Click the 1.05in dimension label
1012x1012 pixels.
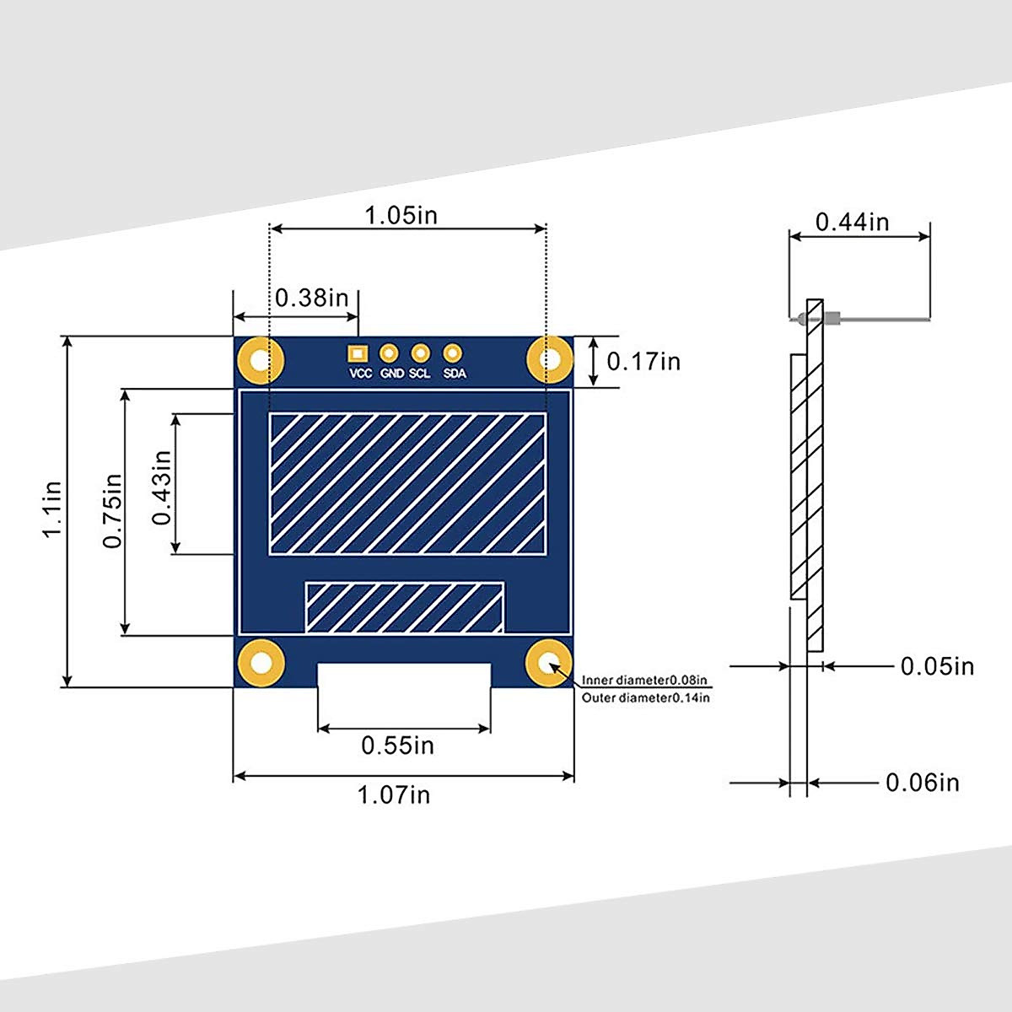pos(401,215)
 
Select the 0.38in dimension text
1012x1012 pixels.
pos(311,298)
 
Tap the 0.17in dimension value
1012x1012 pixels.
pos(643,361)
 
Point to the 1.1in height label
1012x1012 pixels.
pos(51,509)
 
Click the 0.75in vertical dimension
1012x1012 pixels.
pos(112,511)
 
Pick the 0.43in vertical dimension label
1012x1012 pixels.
pos(162,487)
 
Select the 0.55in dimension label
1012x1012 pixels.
pos(397,746)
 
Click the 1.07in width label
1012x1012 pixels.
pos(394,794)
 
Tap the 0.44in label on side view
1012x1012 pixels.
pos(852,222)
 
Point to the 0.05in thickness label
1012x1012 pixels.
pos(937,666)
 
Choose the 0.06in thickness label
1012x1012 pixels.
pos(922,783)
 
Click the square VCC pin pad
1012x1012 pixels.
pos(358,353)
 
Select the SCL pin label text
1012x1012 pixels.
pos(420,374)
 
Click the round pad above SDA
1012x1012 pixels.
pos(453,353)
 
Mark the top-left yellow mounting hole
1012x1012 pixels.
pos(260,360)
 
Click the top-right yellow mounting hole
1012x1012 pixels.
pos(549,360)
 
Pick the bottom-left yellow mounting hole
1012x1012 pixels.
pos(260,663)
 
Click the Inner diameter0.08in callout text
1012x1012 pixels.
pos(644,680)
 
